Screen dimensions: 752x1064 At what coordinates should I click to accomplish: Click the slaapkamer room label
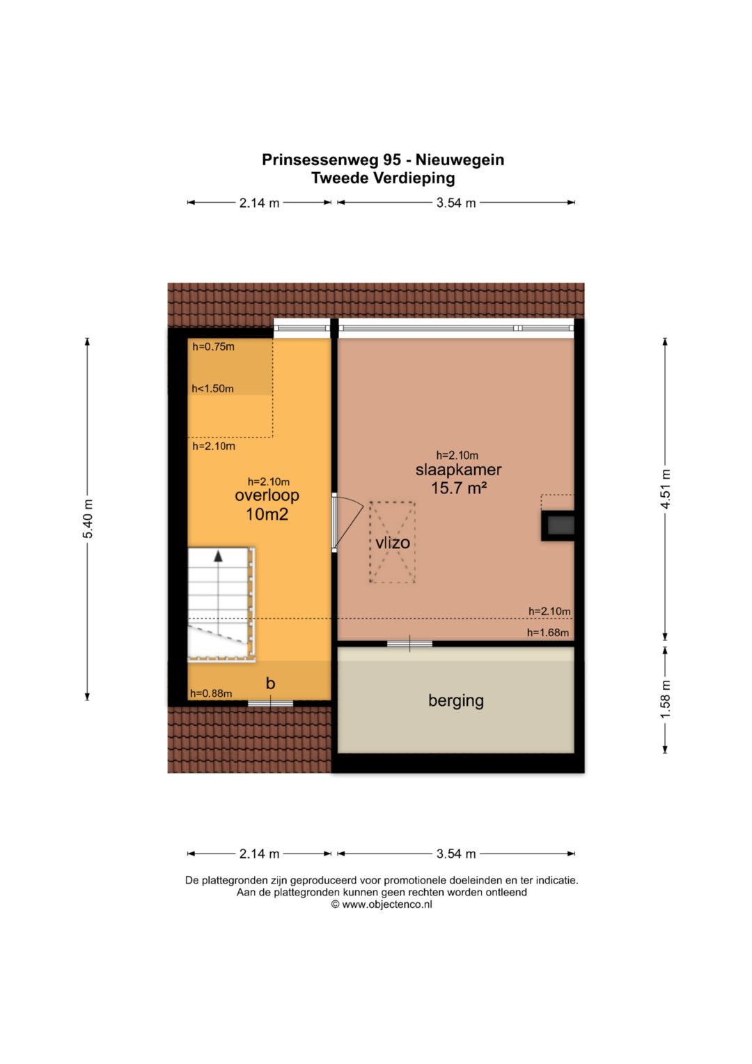tap(458, 470)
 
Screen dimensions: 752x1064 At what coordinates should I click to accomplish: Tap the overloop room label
tap(267, 495)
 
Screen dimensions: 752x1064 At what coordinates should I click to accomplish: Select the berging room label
tap(456, 701)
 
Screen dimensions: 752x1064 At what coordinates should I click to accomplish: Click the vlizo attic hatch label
tap(393, 542)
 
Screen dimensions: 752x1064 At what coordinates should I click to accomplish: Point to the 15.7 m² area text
tap(459, 488)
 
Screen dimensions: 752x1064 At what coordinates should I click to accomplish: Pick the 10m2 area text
tap(267, 514)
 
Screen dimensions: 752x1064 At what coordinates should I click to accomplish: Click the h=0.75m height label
tap(213, 347)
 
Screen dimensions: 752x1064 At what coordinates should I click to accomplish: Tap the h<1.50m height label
tap(212, 389)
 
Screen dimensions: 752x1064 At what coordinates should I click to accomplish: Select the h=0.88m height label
tap(211, 693)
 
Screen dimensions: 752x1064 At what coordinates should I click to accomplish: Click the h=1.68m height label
tap(548, 633)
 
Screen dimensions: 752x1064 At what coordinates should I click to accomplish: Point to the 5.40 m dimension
tap(88, 519)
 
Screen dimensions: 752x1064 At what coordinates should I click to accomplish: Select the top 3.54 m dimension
tap(456, 203)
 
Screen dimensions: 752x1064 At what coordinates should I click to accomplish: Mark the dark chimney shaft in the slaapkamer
tap(558, 525)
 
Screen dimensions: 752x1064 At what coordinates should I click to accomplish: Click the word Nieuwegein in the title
tap(460, 160)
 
